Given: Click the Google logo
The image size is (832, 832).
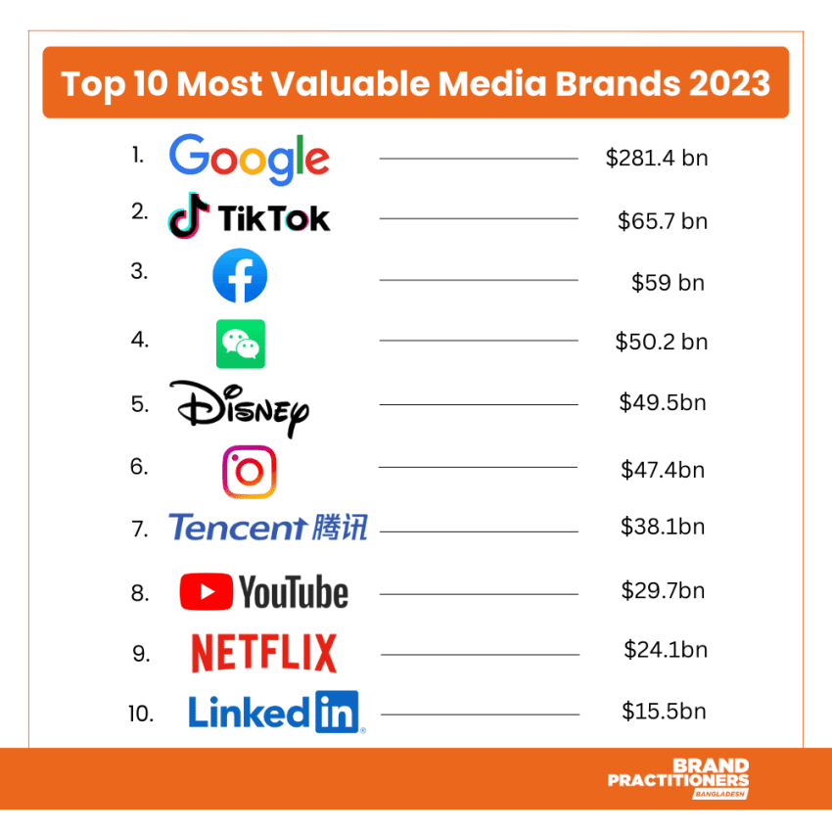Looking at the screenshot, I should point(249,158).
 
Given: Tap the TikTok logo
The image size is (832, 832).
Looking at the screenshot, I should point(249,217).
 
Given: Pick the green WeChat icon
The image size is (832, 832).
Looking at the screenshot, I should point(240,343).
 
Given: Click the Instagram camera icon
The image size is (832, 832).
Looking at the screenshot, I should point(249,472).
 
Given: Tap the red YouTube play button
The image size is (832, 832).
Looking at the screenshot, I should point(206,591).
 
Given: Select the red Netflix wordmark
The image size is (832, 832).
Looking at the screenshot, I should point(263,653).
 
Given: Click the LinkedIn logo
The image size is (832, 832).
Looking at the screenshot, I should point(274,712).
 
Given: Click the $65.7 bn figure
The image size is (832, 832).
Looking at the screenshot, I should point(662,220).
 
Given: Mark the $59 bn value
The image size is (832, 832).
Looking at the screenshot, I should point(668,283).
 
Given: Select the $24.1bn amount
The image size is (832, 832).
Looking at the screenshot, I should point(665,650).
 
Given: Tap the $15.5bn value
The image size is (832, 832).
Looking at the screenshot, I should point(664,712).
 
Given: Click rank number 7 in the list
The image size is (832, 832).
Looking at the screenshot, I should point(139,530).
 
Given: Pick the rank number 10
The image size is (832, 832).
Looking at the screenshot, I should point(141,714).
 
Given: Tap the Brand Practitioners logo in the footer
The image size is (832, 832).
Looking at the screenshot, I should point(678,779).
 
